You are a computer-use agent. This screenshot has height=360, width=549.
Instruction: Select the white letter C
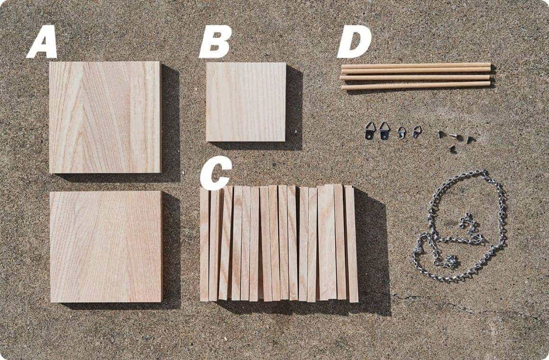point(216,172)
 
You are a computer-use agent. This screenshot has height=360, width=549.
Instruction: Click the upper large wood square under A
point(105,117)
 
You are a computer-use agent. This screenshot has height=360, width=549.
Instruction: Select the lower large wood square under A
point(106,246)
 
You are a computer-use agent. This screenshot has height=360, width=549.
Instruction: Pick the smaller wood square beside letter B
point(246,102)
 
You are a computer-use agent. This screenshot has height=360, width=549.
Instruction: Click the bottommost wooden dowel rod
point(416,85)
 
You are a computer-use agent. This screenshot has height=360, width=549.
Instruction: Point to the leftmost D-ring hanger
point(371,130)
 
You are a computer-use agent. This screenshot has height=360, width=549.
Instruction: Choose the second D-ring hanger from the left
point(384,131)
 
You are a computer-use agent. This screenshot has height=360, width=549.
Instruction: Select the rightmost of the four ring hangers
point(416,132)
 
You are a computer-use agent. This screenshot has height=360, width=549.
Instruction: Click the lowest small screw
point(453,149)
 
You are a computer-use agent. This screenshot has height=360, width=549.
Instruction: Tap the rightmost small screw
point(470,140)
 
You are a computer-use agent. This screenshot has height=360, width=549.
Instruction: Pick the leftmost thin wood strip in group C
point(204,244)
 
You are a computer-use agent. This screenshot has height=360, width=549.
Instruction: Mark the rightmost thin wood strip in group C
point(351,244)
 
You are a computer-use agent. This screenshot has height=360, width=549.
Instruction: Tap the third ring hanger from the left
point(402,133)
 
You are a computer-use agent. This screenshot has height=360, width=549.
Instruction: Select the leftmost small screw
point(442,134)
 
